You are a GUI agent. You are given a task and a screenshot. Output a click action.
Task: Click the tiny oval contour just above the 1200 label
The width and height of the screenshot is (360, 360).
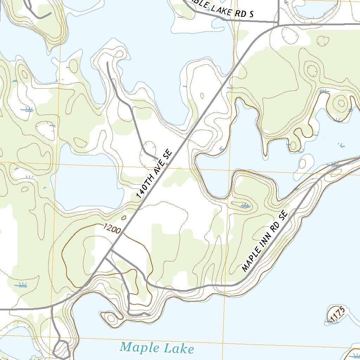(x=123, y=218)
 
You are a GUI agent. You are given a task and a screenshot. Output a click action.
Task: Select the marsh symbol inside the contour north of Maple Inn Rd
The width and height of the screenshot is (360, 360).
(x=245, y=205)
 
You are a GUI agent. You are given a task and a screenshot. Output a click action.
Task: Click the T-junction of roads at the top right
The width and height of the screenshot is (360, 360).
(x=278, y=25)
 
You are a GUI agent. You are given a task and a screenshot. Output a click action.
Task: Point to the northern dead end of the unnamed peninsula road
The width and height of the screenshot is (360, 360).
(x=107, y=63)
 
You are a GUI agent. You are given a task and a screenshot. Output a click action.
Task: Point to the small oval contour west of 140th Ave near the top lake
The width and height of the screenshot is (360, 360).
(x=202, y=95)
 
